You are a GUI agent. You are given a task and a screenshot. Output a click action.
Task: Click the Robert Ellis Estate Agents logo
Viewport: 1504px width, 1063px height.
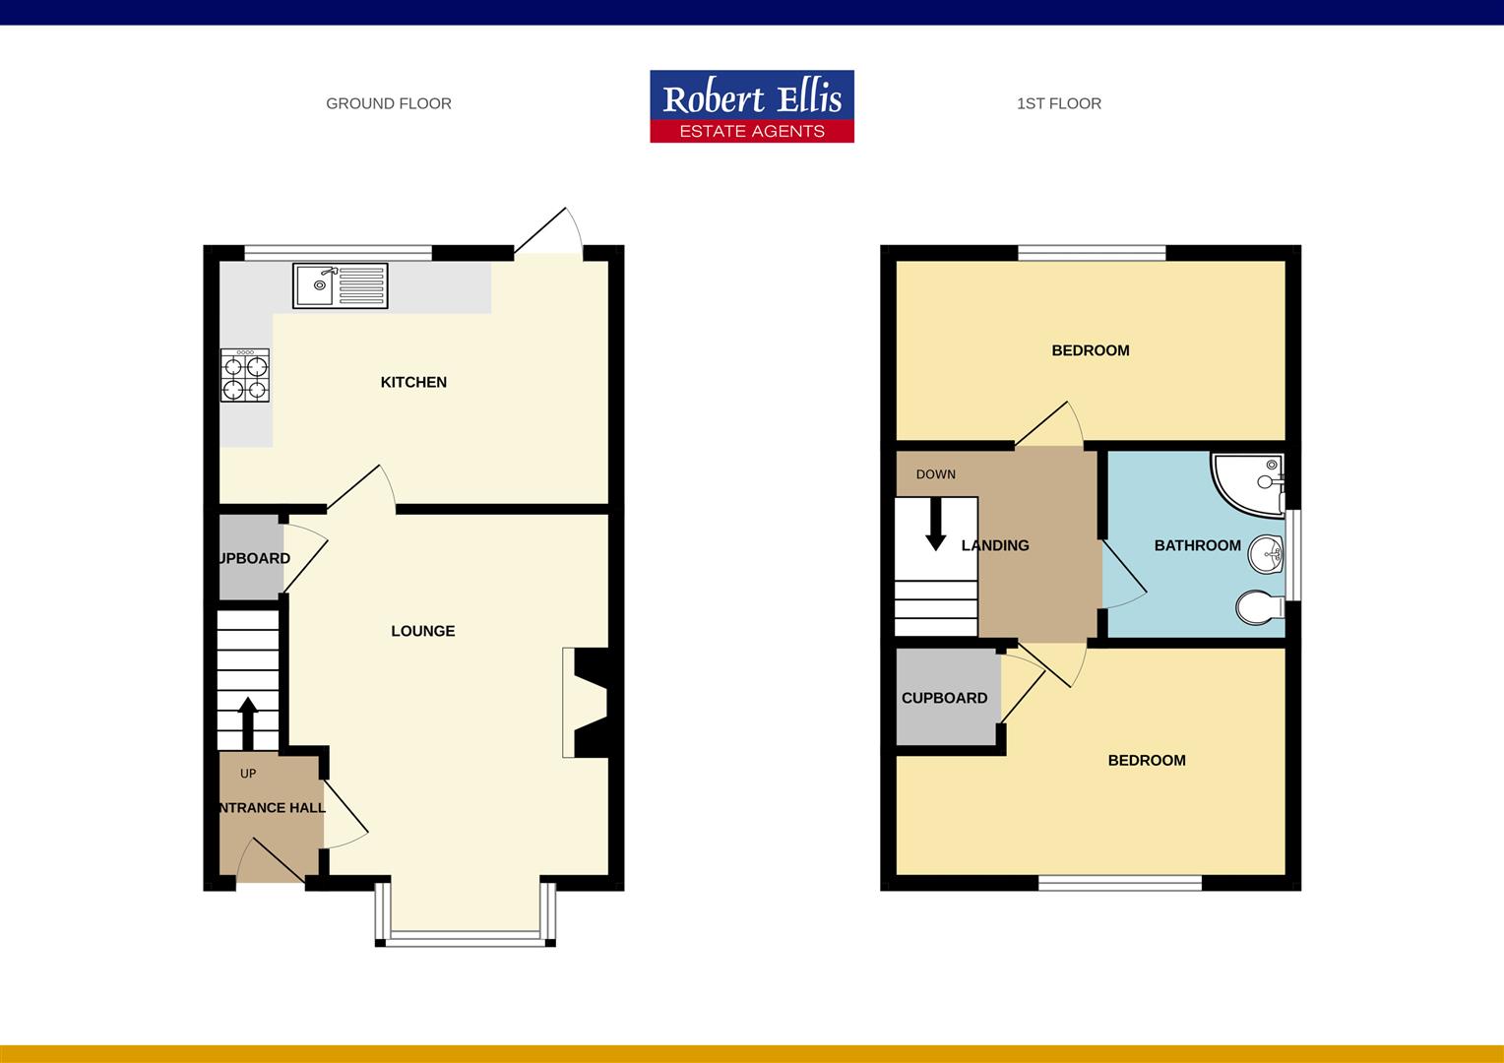click(x=752, y=106)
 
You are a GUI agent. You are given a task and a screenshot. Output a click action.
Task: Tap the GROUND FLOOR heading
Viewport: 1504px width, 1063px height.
click(x=389, y=103)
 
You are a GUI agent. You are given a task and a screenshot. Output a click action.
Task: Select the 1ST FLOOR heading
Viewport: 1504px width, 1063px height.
click(x=1059, y=103)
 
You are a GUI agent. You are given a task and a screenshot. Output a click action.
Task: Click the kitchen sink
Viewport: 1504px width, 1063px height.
click(x=340, y=284)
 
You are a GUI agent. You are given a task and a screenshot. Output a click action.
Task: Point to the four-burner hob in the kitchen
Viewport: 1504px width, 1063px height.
click(x=245, y=376)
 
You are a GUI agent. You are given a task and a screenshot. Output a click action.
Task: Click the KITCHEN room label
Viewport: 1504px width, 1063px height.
click(x=413, y=382)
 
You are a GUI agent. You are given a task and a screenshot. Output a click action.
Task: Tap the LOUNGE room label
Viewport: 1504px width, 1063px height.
click(x=423, y=631)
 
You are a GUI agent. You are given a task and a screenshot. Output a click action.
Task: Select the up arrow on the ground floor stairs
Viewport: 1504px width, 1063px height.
click(x=247, y=722)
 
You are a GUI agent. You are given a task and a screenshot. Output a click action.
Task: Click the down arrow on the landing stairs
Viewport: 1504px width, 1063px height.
click(x=935, y=525)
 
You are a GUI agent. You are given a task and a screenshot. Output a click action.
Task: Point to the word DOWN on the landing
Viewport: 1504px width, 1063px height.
click(x=935, y=474)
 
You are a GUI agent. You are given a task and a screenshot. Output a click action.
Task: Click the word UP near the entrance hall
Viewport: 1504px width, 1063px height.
click(x=248, y=774)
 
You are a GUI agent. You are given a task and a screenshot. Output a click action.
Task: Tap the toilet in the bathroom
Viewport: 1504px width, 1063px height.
click(x=1259, y=607)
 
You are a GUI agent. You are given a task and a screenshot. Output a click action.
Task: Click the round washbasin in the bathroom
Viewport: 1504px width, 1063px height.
click(x=1266, y=555)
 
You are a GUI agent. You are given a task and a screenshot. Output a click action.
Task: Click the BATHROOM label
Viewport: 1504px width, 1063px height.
click(x=1197, y=545)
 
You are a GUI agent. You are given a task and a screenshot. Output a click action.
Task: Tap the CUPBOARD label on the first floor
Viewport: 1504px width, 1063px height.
click(x=944, y=698)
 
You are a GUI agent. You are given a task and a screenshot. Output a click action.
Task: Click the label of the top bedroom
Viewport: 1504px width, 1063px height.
click(x=1090, y=350)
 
